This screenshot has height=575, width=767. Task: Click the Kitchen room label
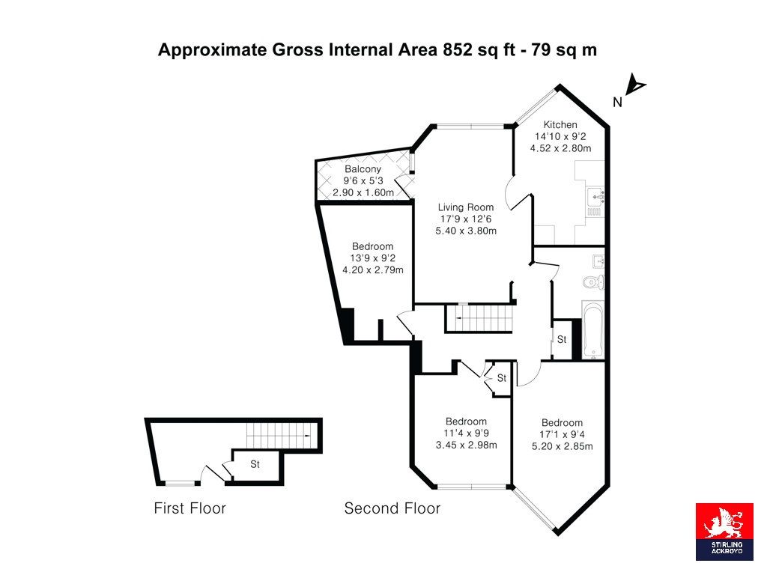pos(560,125)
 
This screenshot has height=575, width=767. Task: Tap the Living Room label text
pos(466,207)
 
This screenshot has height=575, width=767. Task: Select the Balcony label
pos(363,169)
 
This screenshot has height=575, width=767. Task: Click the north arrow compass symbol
pos(635,85)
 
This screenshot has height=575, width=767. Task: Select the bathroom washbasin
pos(598,262)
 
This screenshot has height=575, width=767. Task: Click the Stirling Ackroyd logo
pos(724,532)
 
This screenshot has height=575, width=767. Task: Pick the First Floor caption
pos(190,508)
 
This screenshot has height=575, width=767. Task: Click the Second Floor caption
pos(392,508)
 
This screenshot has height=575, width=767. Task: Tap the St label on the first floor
pos(255,464)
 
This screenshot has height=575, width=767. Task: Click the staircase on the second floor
pos(479,318)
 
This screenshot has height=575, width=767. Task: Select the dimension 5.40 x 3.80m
pos(466,231)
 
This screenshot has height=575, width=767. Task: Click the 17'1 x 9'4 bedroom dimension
pos(562,434)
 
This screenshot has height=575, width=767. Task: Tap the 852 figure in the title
pos(458,50)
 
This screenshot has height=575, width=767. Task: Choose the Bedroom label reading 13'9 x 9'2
pos(373,246)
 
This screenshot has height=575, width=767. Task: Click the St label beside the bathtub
pos(562,339)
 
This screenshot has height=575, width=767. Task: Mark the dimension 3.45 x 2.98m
pos(466,445)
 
